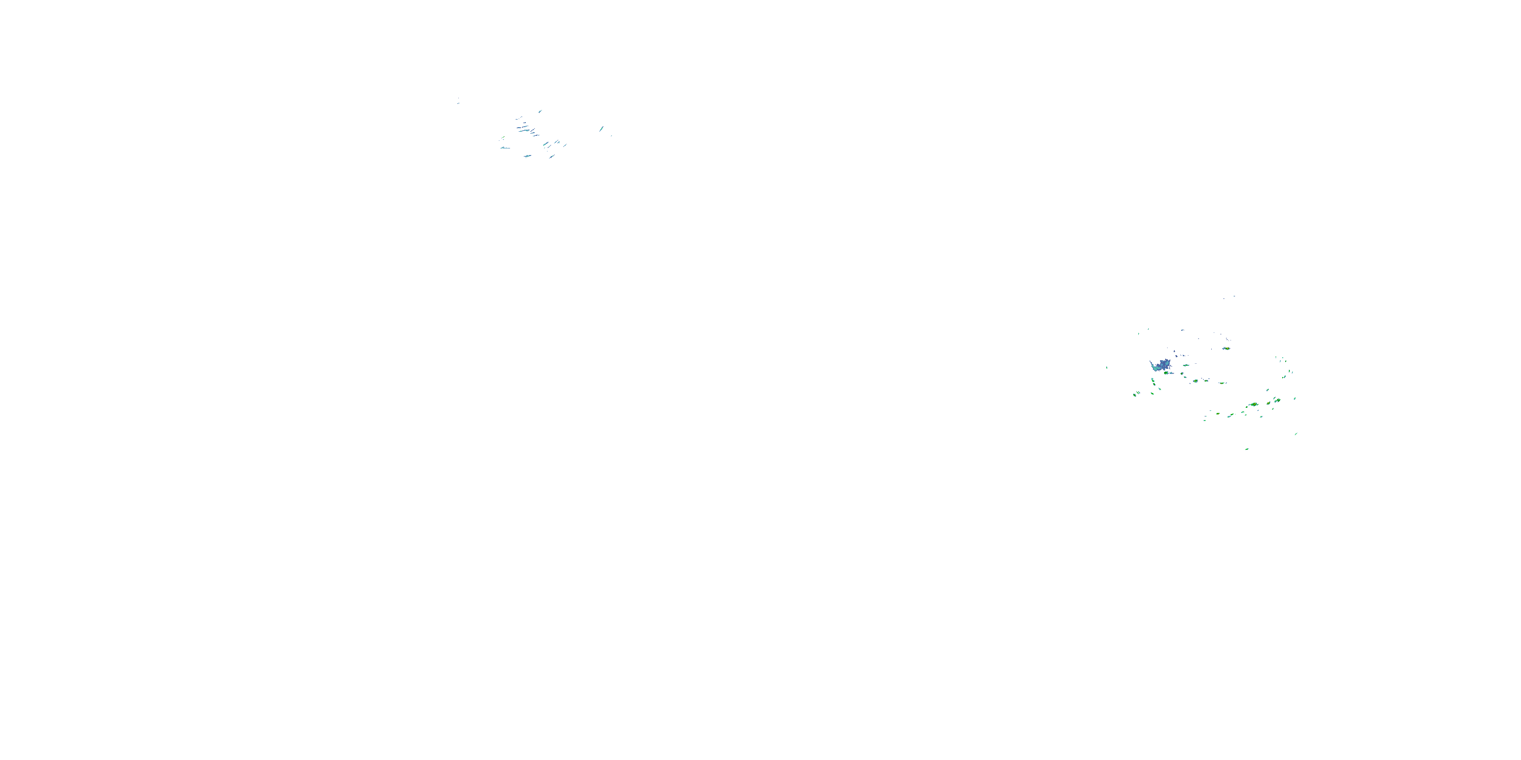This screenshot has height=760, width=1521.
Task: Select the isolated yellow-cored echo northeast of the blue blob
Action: tap(1226, 348)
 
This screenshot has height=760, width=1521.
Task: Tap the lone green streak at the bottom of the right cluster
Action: tap(1247, 449)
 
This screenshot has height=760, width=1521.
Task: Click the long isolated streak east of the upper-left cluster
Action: tap(601, 129)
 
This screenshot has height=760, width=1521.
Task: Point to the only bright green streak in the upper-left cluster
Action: tap(502, 139)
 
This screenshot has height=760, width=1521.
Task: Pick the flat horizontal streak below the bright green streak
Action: tap(505, 147)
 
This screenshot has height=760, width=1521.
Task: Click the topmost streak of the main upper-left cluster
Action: tap(539, 111)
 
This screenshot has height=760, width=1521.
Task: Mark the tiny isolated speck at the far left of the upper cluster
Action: tap(458, 100)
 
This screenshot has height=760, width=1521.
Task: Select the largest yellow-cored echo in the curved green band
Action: tap(1253, 405)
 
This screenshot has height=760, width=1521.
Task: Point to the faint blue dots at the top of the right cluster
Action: tap(1233, 297)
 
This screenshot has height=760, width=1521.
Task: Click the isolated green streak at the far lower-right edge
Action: tap(1296, 434)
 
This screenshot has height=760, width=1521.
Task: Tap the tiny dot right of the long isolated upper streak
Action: tap(611, 136)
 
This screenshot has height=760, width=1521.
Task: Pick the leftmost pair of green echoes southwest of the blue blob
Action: tap(1136, 394)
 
